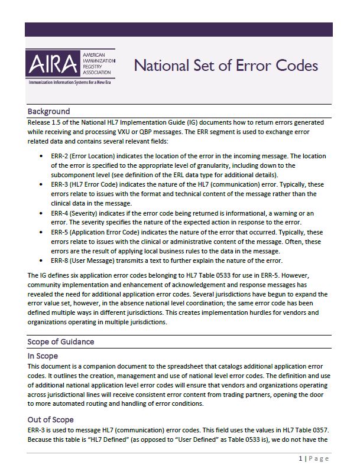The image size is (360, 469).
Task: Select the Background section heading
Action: tap(48, 111)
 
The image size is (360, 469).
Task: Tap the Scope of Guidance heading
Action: tap(60, 341)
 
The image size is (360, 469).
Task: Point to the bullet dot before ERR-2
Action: tap(40, 156)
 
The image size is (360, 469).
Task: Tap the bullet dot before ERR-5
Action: tap(40, 232)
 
